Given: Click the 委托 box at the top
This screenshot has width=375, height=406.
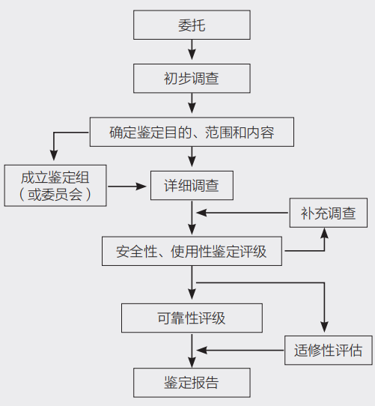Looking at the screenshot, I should [192, 25].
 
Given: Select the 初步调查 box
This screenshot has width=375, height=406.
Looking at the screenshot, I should [192, 78].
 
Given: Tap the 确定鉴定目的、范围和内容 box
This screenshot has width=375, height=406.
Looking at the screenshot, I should [192, 133].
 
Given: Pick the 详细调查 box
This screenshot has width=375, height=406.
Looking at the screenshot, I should [192, 185].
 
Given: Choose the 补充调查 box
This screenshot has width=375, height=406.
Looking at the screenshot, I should [328, 213].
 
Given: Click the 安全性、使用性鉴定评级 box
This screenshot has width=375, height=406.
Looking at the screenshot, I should [192, 251].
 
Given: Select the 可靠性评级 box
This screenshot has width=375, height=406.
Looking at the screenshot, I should [192, 318].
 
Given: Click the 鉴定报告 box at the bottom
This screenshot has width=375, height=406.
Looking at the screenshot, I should [192, 382].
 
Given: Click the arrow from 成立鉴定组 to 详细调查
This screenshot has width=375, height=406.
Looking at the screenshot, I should [127, 185].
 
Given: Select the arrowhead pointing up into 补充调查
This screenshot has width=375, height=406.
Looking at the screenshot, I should [325, 233].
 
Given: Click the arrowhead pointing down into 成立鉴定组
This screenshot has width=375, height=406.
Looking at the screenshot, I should [54, 158].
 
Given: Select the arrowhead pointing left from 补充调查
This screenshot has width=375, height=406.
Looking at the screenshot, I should [200, 213].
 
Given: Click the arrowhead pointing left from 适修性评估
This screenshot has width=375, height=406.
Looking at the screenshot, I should [200, 349].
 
